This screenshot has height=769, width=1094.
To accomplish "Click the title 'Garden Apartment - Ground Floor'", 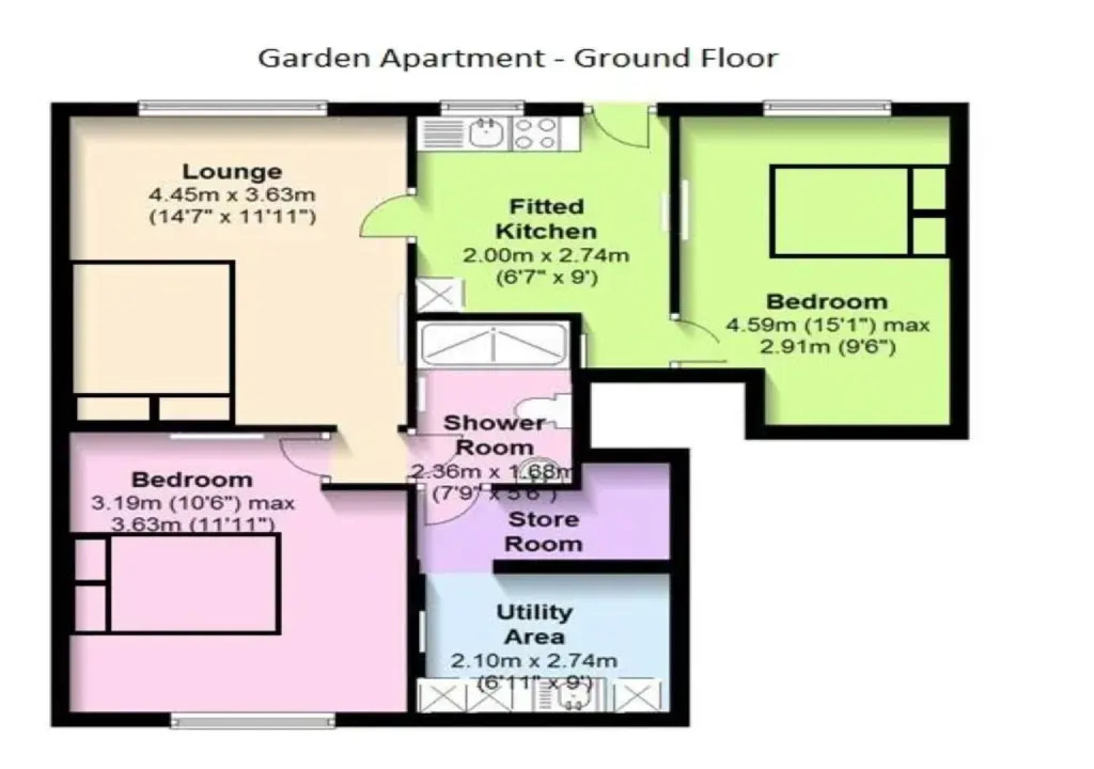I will [x=518, y=58].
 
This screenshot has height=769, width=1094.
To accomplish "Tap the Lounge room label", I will [x=232, y=171].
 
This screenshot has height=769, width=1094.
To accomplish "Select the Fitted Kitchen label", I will [x=546, y=219].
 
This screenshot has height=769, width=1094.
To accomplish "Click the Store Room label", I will [x=543, y=531].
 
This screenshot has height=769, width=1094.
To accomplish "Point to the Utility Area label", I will [x=534, y=624].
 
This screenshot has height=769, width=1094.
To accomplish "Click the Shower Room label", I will [x=494, y=435].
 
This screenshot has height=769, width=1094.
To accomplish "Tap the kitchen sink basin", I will [x=487, y=133].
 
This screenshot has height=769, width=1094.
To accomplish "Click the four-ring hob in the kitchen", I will [x=535, y=133].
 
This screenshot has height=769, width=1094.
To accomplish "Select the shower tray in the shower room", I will [x=494, y=345].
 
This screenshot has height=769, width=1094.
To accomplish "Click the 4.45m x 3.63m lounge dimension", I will [x=232, y=194].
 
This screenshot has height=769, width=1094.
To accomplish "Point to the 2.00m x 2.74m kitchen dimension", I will [x=546, y=255].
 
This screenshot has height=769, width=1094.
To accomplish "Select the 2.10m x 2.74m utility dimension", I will [x=534, y=661].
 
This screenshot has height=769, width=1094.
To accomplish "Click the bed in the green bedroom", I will [x=840, y=211].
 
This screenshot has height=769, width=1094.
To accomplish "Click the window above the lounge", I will [x=233, y=108].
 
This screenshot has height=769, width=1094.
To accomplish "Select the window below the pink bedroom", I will [x=253, y=721].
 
